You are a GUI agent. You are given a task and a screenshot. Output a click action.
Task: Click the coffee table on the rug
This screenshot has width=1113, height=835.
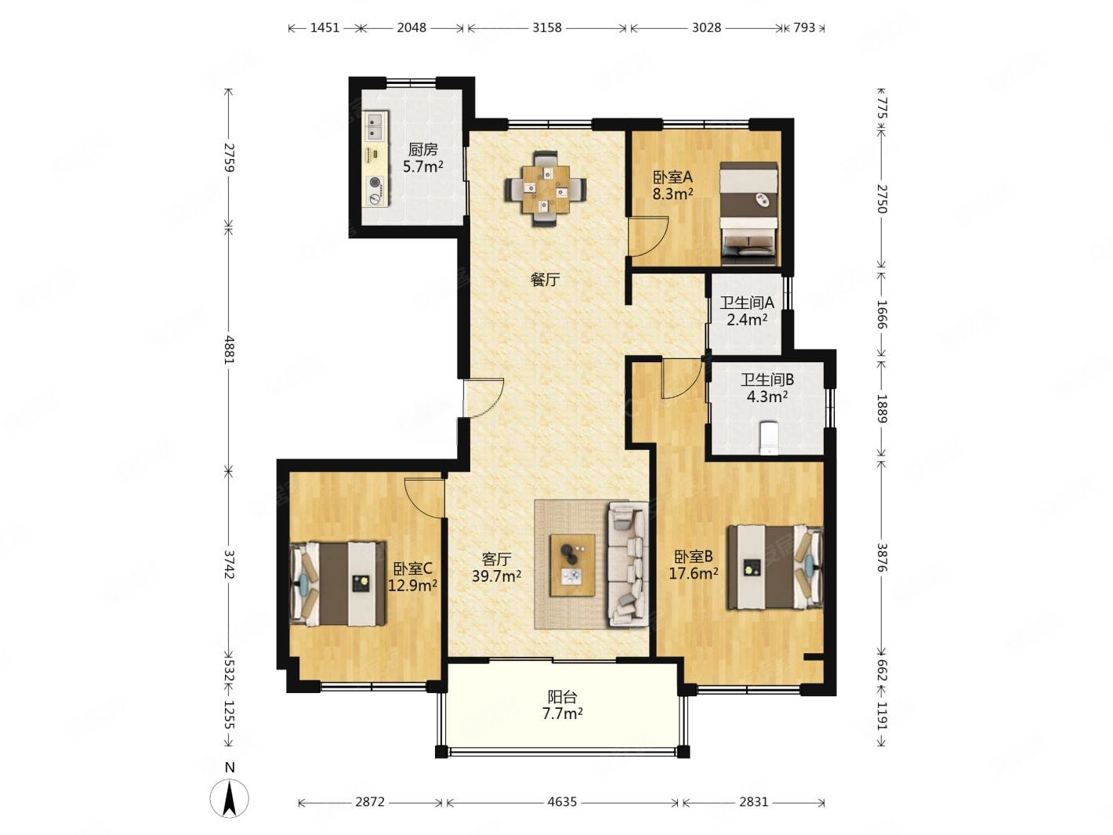pos(572,565)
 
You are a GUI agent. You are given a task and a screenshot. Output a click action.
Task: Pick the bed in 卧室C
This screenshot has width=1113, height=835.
pos(337,583)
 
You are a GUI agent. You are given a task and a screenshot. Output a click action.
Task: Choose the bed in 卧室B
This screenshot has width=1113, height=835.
pos(774,567)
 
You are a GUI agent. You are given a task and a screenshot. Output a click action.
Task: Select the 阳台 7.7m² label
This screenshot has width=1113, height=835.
pos(562,705)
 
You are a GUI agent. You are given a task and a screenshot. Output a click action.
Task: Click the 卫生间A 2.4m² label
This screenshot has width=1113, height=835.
pos(746,310)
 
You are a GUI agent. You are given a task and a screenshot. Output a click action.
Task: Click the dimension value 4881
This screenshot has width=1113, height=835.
pos(230,350)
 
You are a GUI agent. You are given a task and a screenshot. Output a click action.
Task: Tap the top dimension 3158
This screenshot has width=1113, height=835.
pos(546,27)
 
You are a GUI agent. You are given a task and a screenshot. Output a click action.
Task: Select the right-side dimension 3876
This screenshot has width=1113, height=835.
pos(883,557)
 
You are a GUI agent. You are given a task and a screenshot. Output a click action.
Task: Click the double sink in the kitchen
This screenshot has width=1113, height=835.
pos(375,127)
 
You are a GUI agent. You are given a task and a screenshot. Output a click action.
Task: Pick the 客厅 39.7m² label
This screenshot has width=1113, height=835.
pos(496,568)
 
